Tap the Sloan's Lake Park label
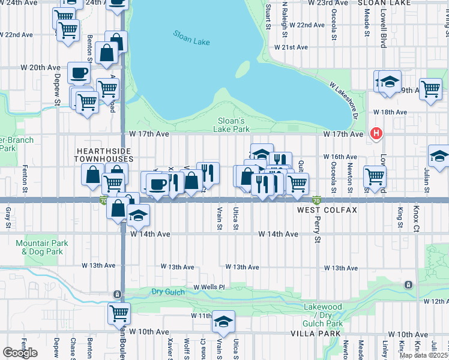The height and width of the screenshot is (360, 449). (232, 124)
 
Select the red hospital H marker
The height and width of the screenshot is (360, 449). (376, 133)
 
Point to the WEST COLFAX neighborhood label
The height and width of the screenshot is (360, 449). (327, 211)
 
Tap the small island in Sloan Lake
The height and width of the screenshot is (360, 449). (243, 70)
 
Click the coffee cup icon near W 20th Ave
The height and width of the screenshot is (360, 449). (79, 74)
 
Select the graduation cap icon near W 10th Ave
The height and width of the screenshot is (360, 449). (223, 321)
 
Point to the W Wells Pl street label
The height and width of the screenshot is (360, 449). (209, 287)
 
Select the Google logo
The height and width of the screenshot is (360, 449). (20, 352)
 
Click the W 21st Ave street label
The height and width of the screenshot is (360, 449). (291, 47)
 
